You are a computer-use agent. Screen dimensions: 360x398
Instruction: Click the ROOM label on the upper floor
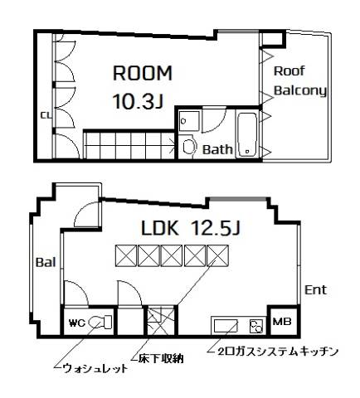point(143,73)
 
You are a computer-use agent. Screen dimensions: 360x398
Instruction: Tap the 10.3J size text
point(139,101)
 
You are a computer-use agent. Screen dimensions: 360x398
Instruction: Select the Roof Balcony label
point(300,80)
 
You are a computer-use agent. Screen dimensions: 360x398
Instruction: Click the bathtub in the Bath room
point(247,135)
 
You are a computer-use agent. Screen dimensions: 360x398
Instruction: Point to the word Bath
point(217,149)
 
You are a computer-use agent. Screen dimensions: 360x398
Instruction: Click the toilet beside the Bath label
point(189,145)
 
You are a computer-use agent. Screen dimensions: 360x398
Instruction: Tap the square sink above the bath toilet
point(189,121)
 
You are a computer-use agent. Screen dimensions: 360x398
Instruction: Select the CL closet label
point(46,115)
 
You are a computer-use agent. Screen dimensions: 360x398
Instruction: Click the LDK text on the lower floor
point(159,228)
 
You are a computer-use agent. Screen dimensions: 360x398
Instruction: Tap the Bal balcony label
point(46,262)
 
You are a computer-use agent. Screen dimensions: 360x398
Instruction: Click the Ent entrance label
point(315,290)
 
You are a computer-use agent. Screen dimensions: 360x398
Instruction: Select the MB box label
point(282,322)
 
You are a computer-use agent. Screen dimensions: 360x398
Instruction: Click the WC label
point(77,323)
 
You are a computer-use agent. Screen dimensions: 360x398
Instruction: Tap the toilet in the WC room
point(100,322)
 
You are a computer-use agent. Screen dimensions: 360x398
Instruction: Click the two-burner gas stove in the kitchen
point(256,326)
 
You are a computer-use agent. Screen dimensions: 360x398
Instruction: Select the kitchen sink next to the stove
point(226,327)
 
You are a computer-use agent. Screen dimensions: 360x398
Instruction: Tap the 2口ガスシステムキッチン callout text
point(278,351)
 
